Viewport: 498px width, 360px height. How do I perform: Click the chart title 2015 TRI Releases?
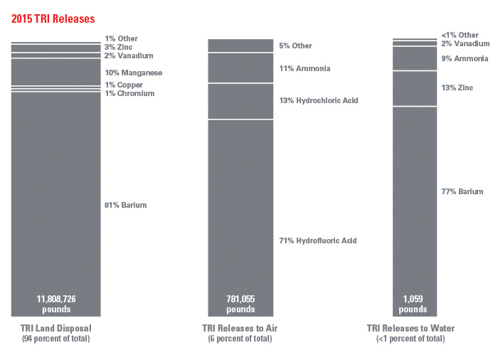pos(53,17)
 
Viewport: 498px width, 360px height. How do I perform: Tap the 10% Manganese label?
pos(134,73)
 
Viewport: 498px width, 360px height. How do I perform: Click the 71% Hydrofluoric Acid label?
pos(318,240)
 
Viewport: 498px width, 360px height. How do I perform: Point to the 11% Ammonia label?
pos(305,68)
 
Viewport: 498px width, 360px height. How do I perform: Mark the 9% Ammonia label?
pos(465,58)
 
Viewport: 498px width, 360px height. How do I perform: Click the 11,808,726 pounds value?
pos(56,304)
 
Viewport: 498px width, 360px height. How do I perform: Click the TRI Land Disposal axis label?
pos(56,328)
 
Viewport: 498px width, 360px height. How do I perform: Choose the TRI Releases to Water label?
pos(410,328)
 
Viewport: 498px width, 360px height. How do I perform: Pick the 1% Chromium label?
pos(129,93)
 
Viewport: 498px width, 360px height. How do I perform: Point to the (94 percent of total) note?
pos(56,339)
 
